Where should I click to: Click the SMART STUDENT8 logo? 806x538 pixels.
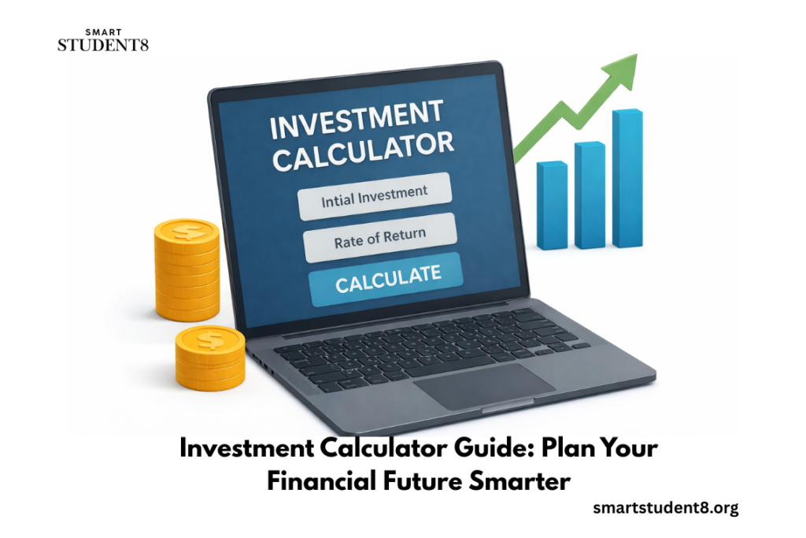(x=102, y=40)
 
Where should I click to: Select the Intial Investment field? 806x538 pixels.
(x=375, y=195)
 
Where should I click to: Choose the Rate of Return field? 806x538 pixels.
(x=380, y=237)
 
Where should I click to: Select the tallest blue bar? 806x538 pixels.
(x=627, y=179)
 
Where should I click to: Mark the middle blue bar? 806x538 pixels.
(x=590, y=195)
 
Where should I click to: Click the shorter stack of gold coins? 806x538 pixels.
(x=209, y=358)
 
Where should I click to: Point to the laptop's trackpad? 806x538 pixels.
(x=485, y=384)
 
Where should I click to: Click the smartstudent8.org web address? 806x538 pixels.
(x=665, y=509)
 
